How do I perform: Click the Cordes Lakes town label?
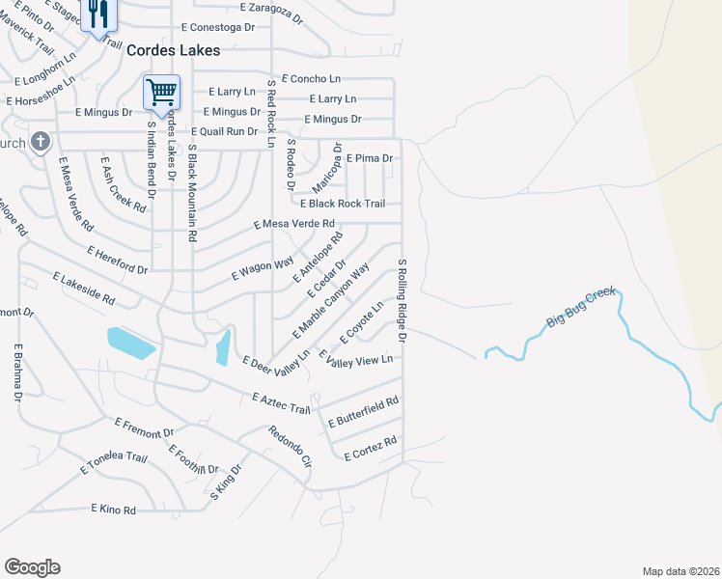coord(175,50)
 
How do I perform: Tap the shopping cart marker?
coord(161,93)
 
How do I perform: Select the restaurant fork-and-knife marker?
coord(98,14)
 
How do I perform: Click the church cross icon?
coord(40,143)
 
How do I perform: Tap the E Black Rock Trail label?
coord(343,204)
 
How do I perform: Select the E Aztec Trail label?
coord(281,404)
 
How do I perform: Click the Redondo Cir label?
coord(290,447)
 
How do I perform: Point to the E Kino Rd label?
coord(113,509)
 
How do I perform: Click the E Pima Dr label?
coord(369,157)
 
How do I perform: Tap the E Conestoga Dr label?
coord(217,28)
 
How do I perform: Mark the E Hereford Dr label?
coord(117,259)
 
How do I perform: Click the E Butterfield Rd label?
coord(363,412)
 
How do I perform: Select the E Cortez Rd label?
coord(371,449)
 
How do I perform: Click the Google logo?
coord(32,567)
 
